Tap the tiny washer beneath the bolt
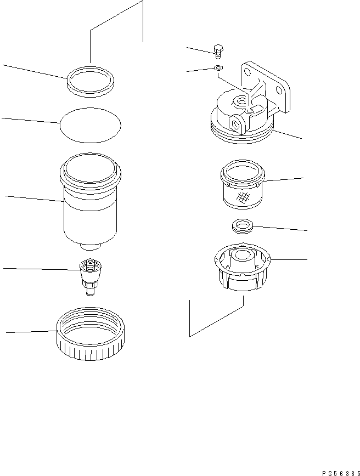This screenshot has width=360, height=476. click(x=218, y=68)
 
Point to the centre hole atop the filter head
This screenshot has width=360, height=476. click(x=240, y=100)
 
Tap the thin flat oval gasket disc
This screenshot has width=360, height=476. click(x=89, y=126)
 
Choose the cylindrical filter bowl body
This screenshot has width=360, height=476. click(x=89, y=208)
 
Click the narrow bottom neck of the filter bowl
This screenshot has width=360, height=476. click(x=91, y=247)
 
